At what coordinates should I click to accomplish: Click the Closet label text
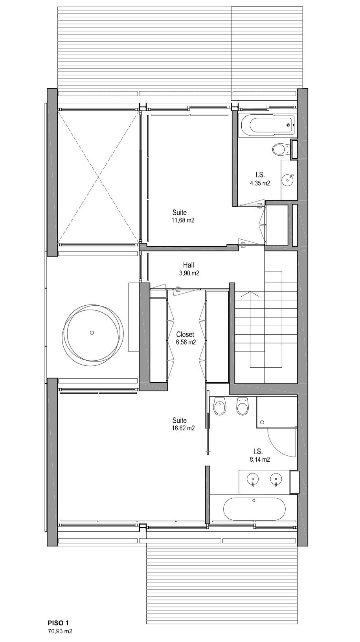tap(185, 334)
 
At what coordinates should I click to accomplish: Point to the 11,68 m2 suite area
tap(183, 220)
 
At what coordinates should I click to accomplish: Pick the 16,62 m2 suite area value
tap(183, 428)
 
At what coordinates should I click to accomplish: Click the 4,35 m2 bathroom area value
tap(260, 183)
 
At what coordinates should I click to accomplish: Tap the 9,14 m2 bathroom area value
tap(260, 460)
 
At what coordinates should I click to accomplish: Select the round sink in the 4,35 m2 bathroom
tap(288, 180)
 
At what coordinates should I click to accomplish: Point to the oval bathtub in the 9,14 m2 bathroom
tap(254, 509)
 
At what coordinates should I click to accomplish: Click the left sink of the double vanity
tap(253, 479)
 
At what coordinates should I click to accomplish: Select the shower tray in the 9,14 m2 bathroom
tap(277, 413)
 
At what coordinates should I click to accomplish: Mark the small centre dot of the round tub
tap(92, 332)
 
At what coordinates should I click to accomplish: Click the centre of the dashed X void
tap(98, 177)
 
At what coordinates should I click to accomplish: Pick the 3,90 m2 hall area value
tap(189, 273)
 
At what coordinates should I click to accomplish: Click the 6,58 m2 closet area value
tap(186, 342)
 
